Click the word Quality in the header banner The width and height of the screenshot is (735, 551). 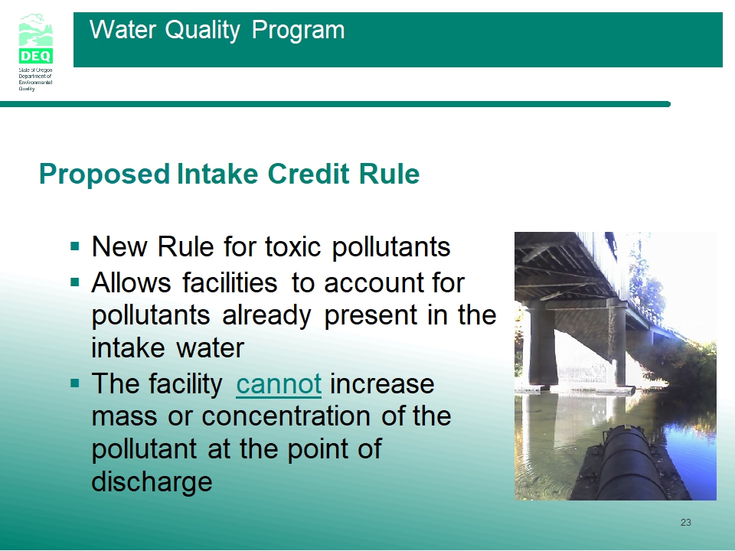(202, 31)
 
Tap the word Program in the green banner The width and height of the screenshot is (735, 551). (298, 31)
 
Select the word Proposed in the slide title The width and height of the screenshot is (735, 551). (104, 174)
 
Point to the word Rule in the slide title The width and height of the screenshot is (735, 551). (389, 174)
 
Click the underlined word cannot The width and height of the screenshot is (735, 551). (279, 384)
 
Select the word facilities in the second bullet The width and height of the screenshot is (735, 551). (230, 282)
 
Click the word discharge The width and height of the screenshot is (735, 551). (152, 482)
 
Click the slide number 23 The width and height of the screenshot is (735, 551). (686, 523)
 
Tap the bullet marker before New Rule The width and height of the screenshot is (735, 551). (75, 246)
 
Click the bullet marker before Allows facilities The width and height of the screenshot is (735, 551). (75, 282)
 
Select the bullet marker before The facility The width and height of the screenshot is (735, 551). (75, 383)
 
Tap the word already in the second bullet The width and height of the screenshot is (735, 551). (266, 316)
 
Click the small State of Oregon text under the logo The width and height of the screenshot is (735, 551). (36, 79)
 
